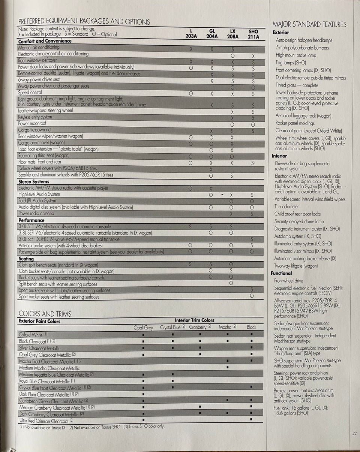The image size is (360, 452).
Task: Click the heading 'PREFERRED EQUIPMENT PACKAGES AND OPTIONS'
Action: pos(84,21)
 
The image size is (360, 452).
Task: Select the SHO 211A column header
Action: pos(253,34)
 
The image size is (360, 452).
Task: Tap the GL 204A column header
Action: pos(212,34)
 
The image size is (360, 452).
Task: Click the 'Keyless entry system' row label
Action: pos(35,117)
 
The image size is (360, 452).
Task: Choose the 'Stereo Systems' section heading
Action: pos(34,182)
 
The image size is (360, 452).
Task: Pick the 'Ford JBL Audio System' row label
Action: pos(37,201)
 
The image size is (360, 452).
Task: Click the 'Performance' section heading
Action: pos(31,220)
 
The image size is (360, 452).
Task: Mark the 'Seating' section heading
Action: pos(26,259)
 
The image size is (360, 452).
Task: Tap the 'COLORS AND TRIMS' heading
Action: pos(45,314)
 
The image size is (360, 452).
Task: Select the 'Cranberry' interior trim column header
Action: pos(200,327)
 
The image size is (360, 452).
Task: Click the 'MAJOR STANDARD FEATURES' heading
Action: pos(309,25)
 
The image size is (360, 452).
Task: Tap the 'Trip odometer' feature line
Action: pos(286,207)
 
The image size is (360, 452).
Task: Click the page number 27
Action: pos(354,434)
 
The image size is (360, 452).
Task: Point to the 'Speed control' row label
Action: pos(30,92)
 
